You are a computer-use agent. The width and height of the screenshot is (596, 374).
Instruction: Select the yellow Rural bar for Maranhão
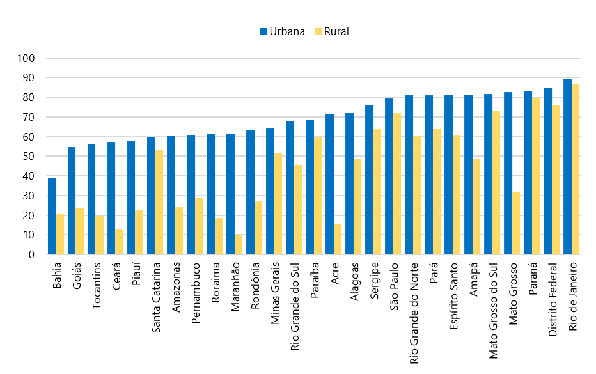coord(239,244)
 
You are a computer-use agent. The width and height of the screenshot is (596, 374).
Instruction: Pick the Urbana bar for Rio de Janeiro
coord(567,166)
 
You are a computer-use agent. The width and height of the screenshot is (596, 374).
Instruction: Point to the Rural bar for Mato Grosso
coord(516,223)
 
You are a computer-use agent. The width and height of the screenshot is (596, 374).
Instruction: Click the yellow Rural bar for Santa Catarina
coord(159,202)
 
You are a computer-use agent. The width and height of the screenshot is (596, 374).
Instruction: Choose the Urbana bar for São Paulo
coord(389,176)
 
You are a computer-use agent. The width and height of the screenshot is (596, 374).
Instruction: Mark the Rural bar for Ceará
coord(120,242)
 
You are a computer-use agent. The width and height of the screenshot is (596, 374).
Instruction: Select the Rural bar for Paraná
coord(536,176)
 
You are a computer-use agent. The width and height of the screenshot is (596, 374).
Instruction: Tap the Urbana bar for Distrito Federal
coord(547,171)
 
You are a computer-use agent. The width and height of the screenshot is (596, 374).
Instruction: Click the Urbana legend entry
coord(282,31)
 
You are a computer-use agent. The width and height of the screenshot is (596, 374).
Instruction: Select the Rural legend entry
coord(331,31)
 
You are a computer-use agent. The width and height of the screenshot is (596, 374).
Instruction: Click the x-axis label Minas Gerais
coord(275,288)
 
